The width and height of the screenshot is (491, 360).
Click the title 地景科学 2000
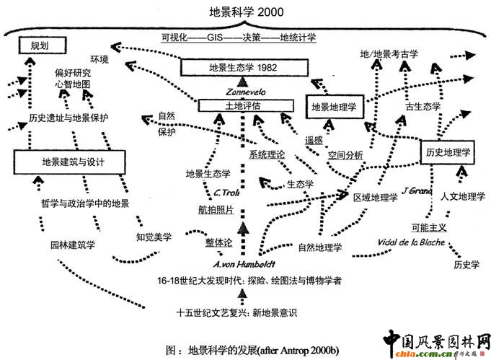click(x=246, y=12)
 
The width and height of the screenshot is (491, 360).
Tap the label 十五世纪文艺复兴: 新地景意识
click(x=236, y=313)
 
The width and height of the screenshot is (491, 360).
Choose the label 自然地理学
click(x=319, y=246)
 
